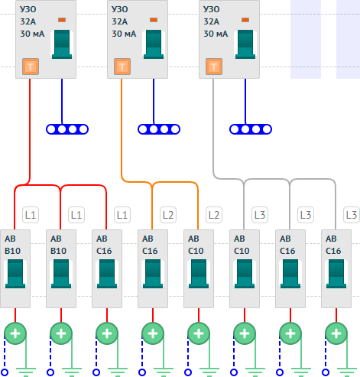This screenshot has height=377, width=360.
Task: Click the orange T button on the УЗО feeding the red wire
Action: pyautogui.click(x=31, y=67)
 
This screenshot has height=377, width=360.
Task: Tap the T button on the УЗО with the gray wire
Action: pyautogui.click(x=214, y=67)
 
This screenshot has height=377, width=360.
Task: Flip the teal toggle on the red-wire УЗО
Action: pyautogui.click(x=62, y=44)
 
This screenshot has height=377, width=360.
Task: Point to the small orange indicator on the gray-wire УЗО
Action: pyautogui.click(x=245, y=20)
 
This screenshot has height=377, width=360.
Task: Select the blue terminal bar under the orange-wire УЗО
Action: pyautogui.click(x=159, y=129)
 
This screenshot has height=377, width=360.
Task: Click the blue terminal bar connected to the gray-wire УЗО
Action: pyautogui.click(x=251, y=129)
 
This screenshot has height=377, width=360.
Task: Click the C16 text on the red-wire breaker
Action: pyautogui.click(x=104, y=251)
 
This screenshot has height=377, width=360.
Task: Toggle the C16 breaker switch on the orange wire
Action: pyautogui.click(x=153, y=274)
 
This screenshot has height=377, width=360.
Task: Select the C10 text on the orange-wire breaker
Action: pyautogui.click(x=196, y=251)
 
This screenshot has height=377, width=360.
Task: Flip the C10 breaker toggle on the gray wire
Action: pyautogui.click(x=245, y=274)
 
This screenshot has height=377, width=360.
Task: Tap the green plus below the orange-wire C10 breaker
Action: pyautogui.click(x=199, y=333)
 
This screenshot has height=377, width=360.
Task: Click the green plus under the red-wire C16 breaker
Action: pyautogui.click(x=107, y=333)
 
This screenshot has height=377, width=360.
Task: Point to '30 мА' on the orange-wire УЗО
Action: pyautogui.click(x=124, y=34)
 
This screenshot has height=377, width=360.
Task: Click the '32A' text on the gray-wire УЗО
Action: pyautogui.click(x=211, y=21)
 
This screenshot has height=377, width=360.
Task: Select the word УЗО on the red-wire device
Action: pyautogui.click(x=28, y=9)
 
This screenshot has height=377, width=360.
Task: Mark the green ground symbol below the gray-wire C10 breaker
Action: pyautogui.click(x=255, y=372)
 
